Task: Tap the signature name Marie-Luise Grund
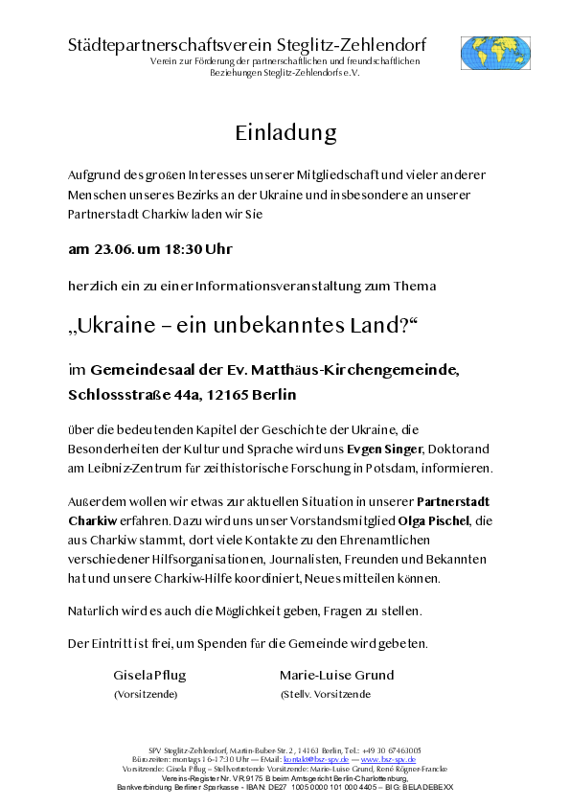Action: pos(336,675)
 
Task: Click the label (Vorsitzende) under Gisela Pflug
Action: pos(146,694)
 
